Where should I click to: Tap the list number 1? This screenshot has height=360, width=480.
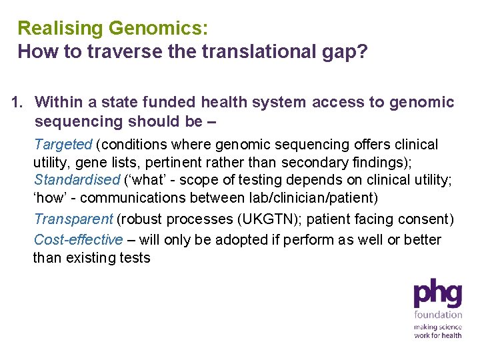pos(18,102)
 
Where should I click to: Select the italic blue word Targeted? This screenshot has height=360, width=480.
pos(63,144)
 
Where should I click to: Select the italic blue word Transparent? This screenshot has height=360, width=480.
pos(73,219)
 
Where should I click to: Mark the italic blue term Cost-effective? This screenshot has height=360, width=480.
pos(78,239)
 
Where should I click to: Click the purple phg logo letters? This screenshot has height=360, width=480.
pos(437,294)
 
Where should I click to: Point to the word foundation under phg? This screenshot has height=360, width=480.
pos(437,314)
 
